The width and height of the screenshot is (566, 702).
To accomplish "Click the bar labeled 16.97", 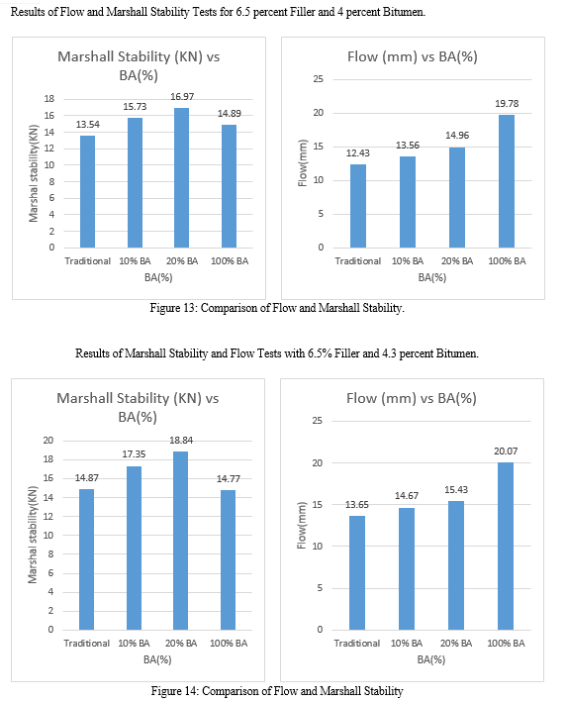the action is (181, 178).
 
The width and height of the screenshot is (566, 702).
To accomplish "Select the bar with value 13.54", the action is (87, 192).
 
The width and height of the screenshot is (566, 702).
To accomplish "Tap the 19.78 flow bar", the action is (507, 181).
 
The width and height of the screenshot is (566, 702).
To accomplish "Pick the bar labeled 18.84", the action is (180, 541).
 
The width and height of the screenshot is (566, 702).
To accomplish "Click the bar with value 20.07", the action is (506, 547).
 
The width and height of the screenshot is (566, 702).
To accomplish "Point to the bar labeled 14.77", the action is (228, 560).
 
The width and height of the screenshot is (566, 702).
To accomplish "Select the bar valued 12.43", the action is (358, 206).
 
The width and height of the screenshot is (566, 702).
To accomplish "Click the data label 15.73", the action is (135, 107).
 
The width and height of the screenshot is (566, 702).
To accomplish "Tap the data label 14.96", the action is (457, 136).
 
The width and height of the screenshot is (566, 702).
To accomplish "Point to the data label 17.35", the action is (134, 453).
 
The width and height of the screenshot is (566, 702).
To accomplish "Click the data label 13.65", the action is (356, 505).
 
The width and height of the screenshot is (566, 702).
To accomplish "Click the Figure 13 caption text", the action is (277, 308).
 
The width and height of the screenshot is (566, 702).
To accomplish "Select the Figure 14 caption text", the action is (277, 691).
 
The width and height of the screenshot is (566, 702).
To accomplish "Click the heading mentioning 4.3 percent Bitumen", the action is (277, 353).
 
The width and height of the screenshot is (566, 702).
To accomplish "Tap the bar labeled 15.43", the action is (456, 565).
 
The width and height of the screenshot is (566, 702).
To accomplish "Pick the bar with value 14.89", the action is (229, 186).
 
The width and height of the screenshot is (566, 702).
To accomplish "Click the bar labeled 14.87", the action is (86, 559).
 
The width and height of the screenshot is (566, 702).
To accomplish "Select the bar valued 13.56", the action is (407, 202).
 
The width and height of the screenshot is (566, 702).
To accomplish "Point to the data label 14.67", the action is (407, 496).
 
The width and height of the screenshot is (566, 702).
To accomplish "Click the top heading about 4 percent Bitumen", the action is (218, 12).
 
